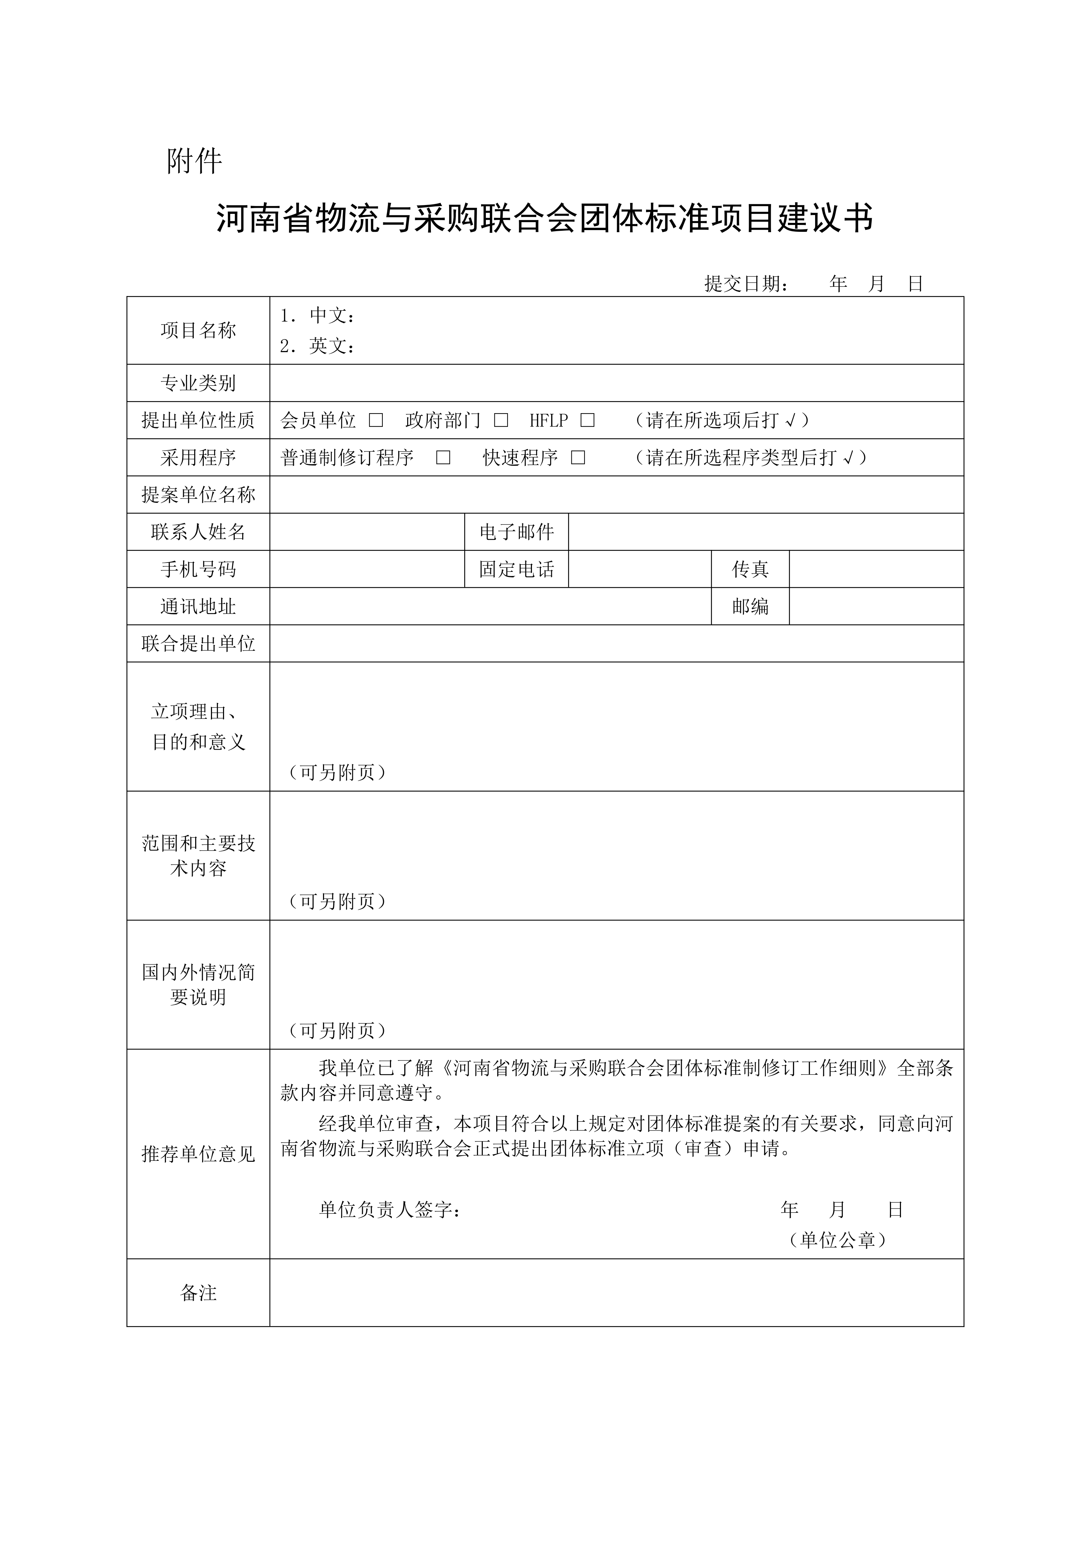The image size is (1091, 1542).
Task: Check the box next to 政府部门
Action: [501, 420]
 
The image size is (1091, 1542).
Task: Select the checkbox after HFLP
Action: [588, 420]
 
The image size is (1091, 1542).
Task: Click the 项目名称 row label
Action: [198, 330]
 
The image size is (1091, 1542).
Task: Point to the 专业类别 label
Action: [198, 384]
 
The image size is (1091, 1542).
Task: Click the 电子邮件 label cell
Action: [516, 532]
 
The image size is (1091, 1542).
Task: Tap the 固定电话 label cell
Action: [516, 569]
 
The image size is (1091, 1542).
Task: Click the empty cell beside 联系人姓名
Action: [367, 532]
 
